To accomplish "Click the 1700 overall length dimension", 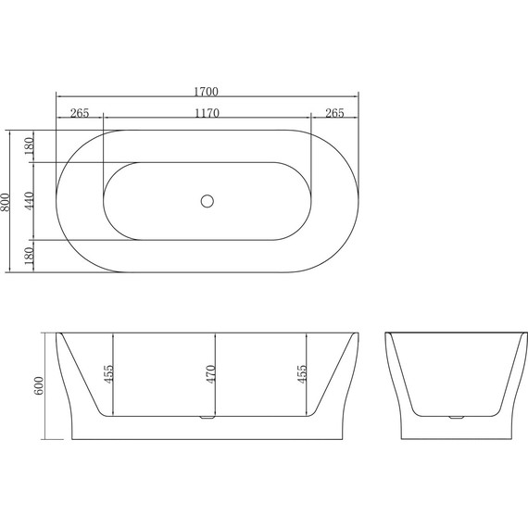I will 207,91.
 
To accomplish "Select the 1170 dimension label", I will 207,114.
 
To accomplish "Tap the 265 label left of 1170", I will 79,114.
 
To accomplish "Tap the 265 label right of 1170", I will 334,114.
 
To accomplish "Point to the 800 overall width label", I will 7,201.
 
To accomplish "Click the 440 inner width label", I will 29,201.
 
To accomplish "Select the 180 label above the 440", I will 29,146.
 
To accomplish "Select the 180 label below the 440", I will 29,256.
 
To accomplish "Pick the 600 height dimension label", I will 39,385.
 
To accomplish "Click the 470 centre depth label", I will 210,374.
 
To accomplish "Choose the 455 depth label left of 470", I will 108,374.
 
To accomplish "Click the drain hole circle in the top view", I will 207,201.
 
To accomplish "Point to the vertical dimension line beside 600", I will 47,385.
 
